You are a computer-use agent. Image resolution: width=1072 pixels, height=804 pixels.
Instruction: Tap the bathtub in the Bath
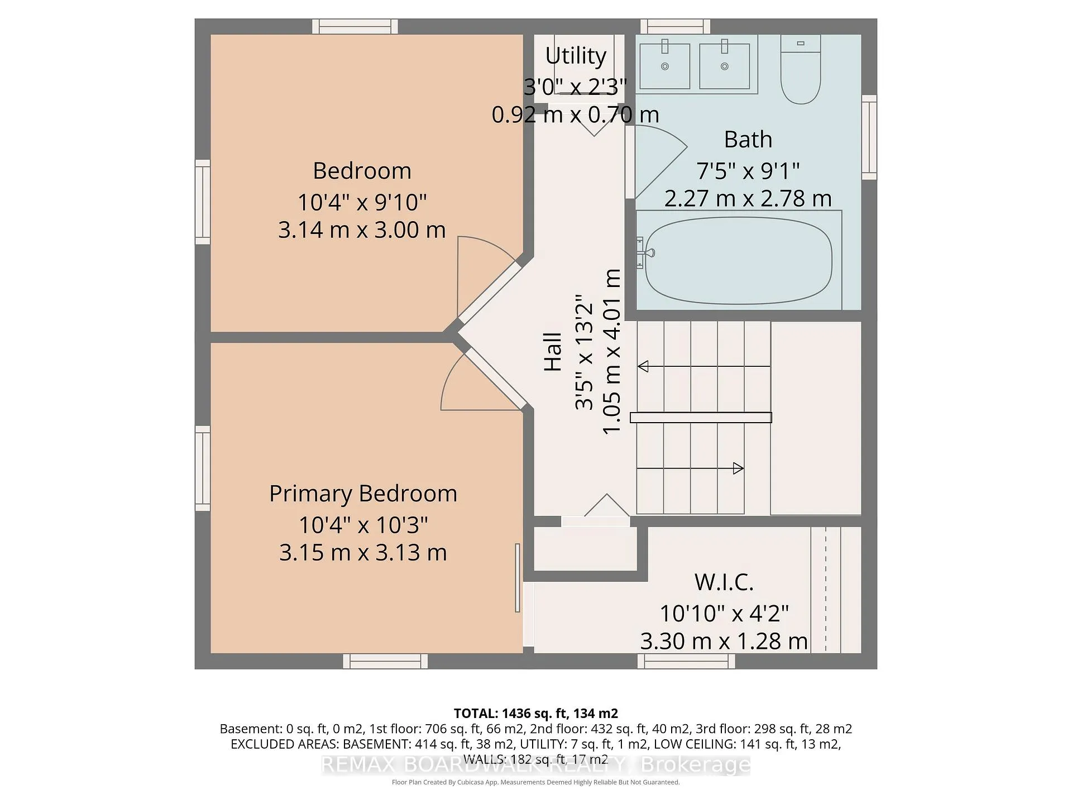click(x=739, y=260)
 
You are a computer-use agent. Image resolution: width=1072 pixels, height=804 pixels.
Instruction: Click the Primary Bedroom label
click(x=363, y=494)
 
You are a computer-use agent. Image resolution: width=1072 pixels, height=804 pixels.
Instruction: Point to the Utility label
click(x=576, y=55)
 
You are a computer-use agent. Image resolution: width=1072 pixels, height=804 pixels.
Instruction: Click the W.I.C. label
click(x=724, y=582)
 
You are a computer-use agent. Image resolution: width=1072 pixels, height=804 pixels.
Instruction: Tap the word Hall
click(x=553, y=352)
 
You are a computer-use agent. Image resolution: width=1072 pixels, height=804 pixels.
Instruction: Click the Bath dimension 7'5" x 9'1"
click(x=748, y=170)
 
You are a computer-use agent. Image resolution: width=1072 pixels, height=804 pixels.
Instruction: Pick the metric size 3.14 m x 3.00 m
click(x=362, y=229)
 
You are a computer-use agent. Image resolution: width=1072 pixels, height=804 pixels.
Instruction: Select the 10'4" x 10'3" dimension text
click(x=363, y=525)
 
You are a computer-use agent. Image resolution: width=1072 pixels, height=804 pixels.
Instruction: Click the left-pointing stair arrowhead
click(x=643, y=366)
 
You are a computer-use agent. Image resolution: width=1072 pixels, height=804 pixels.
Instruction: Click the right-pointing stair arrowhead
click(x=738, y=468)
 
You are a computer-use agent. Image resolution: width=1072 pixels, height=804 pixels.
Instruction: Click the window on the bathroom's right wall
click(x=869, y=137)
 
